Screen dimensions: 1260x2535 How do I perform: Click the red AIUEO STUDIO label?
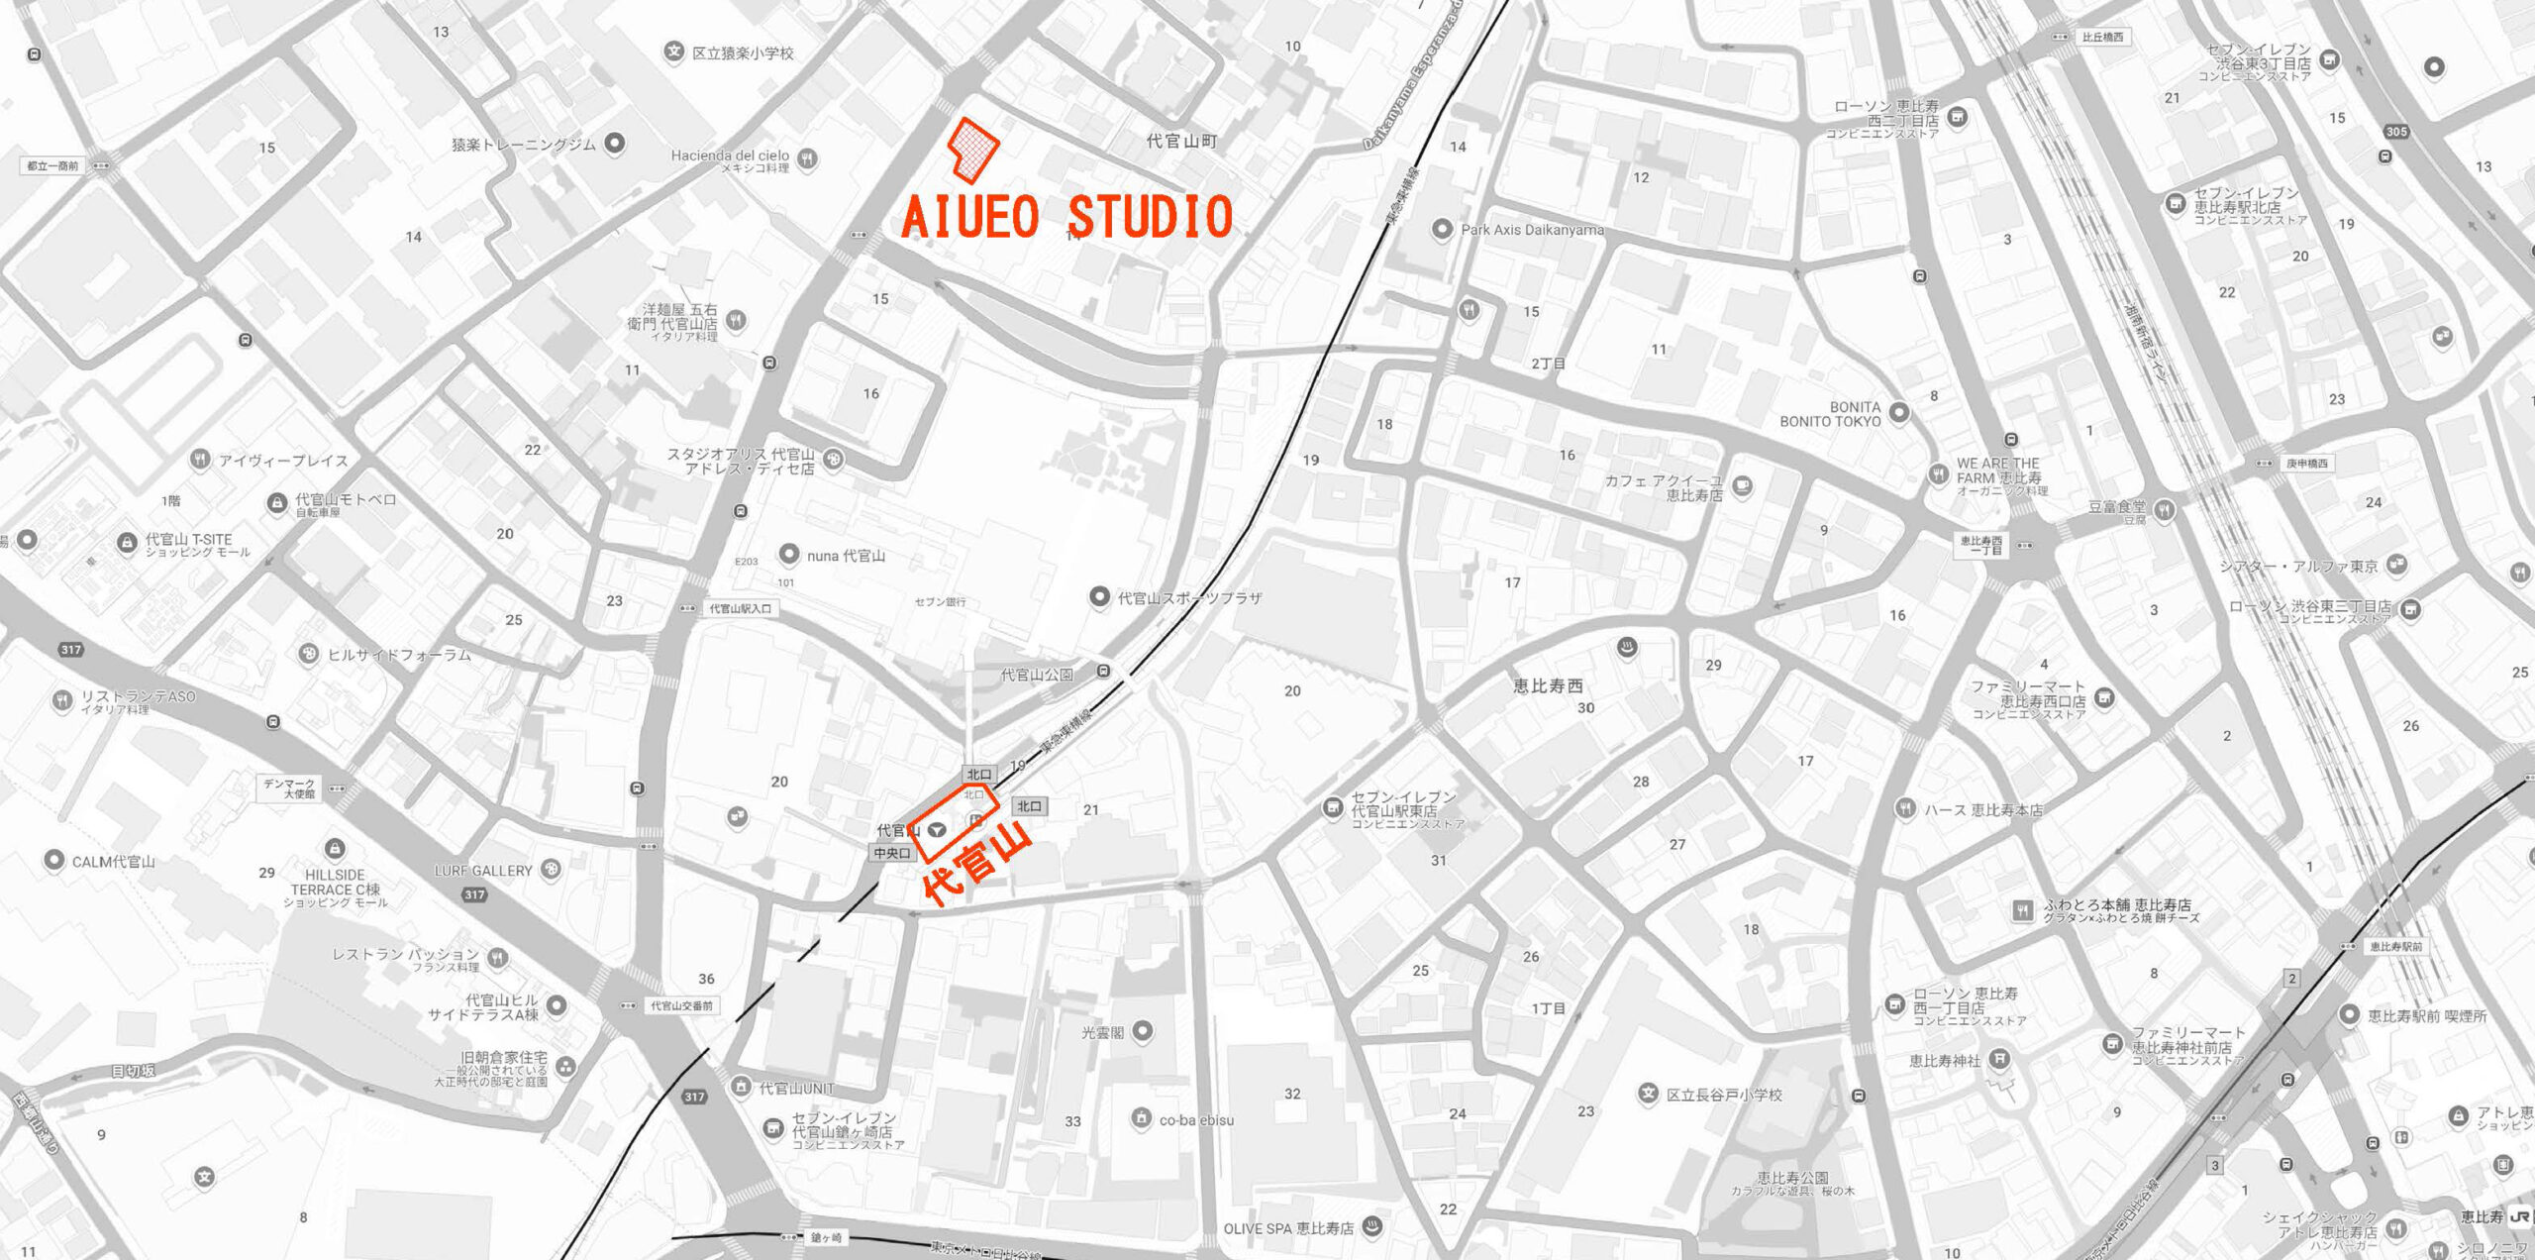[x=1066, y=217]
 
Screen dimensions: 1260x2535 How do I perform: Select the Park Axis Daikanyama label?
[x=1532, y=230]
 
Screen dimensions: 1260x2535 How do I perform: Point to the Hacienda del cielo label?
[x=730, y=156]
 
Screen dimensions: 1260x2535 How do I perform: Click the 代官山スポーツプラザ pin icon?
[x=1098, y=596]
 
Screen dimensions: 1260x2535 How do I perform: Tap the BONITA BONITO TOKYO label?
[x=1830, y=414]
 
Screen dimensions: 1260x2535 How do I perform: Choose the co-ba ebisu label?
[x=1196, y=1120]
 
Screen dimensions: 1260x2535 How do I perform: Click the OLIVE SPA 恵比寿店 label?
[x=1288, y=1228]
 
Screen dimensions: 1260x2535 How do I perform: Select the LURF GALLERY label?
[x=483, y=871]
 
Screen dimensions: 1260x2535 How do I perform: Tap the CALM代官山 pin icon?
[x=54, y=860]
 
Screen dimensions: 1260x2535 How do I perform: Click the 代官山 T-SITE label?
[x=188, y=540]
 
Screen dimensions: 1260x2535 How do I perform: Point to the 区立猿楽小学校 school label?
[x=743, y=53]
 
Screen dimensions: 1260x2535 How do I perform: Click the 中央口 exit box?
[x=891, y=853]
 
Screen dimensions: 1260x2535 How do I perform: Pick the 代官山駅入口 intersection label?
[x=740, y=608]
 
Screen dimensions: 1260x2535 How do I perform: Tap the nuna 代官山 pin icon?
[x=789, y=554]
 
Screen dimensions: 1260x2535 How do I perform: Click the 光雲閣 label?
[x=1102, y=1032]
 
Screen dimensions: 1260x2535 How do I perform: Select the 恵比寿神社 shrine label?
[x=1945, y=1061]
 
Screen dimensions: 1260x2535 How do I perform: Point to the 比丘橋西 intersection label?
[x=2102, y=38]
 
